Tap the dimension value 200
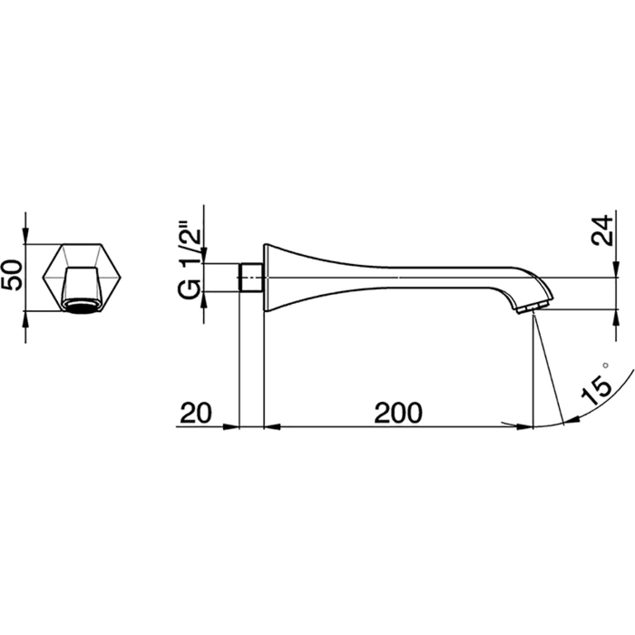(398, 412)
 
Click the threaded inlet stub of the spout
(252, 277)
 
